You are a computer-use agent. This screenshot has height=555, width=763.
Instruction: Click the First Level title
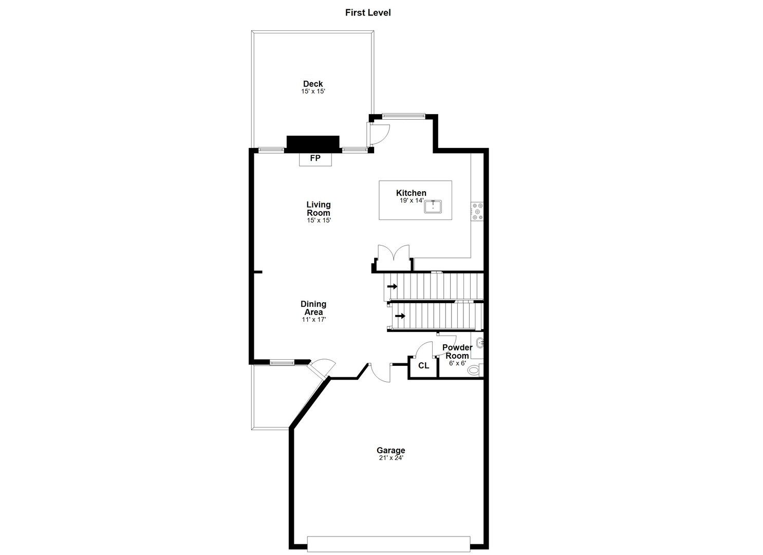click(x=367, y=13)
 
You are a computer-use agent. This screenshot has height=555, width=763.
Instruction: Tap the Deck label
click(x=313, y=84)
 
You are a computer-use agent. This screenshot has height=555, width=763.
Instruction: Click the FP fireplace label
click(x=315, y=159)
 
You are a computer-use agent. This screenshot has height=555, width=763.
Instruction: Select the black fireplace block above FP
click(x=313, y=143)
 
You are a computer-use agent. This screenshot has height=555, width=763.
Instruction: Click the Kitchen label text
click(x=411, y=193)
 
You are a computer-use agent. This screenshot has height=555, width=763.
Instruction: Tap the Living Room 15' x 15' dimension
click(x=319, y=220)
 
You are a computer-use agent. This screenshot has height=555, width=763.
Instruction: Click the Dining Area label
click(x=313, y=308)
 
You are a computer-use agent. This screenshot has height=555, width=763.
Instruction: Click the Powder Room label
click(x=457, y=351)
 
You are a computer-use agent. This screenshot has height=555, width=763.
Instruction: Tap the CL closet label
click(x=423, y=366)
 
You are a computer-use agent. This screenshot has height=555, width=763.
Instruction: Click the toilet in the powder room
click(x=474, y=369)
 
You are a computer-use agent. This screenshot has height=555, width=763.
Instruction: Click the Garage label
click(x=390, y=451)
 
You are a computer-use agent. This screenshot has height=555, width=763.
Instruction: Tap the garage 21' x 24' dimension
click(x=390, y=458)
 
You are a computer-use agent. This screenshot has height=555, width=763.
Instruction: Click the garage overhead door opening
click(x=388, y=543)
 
